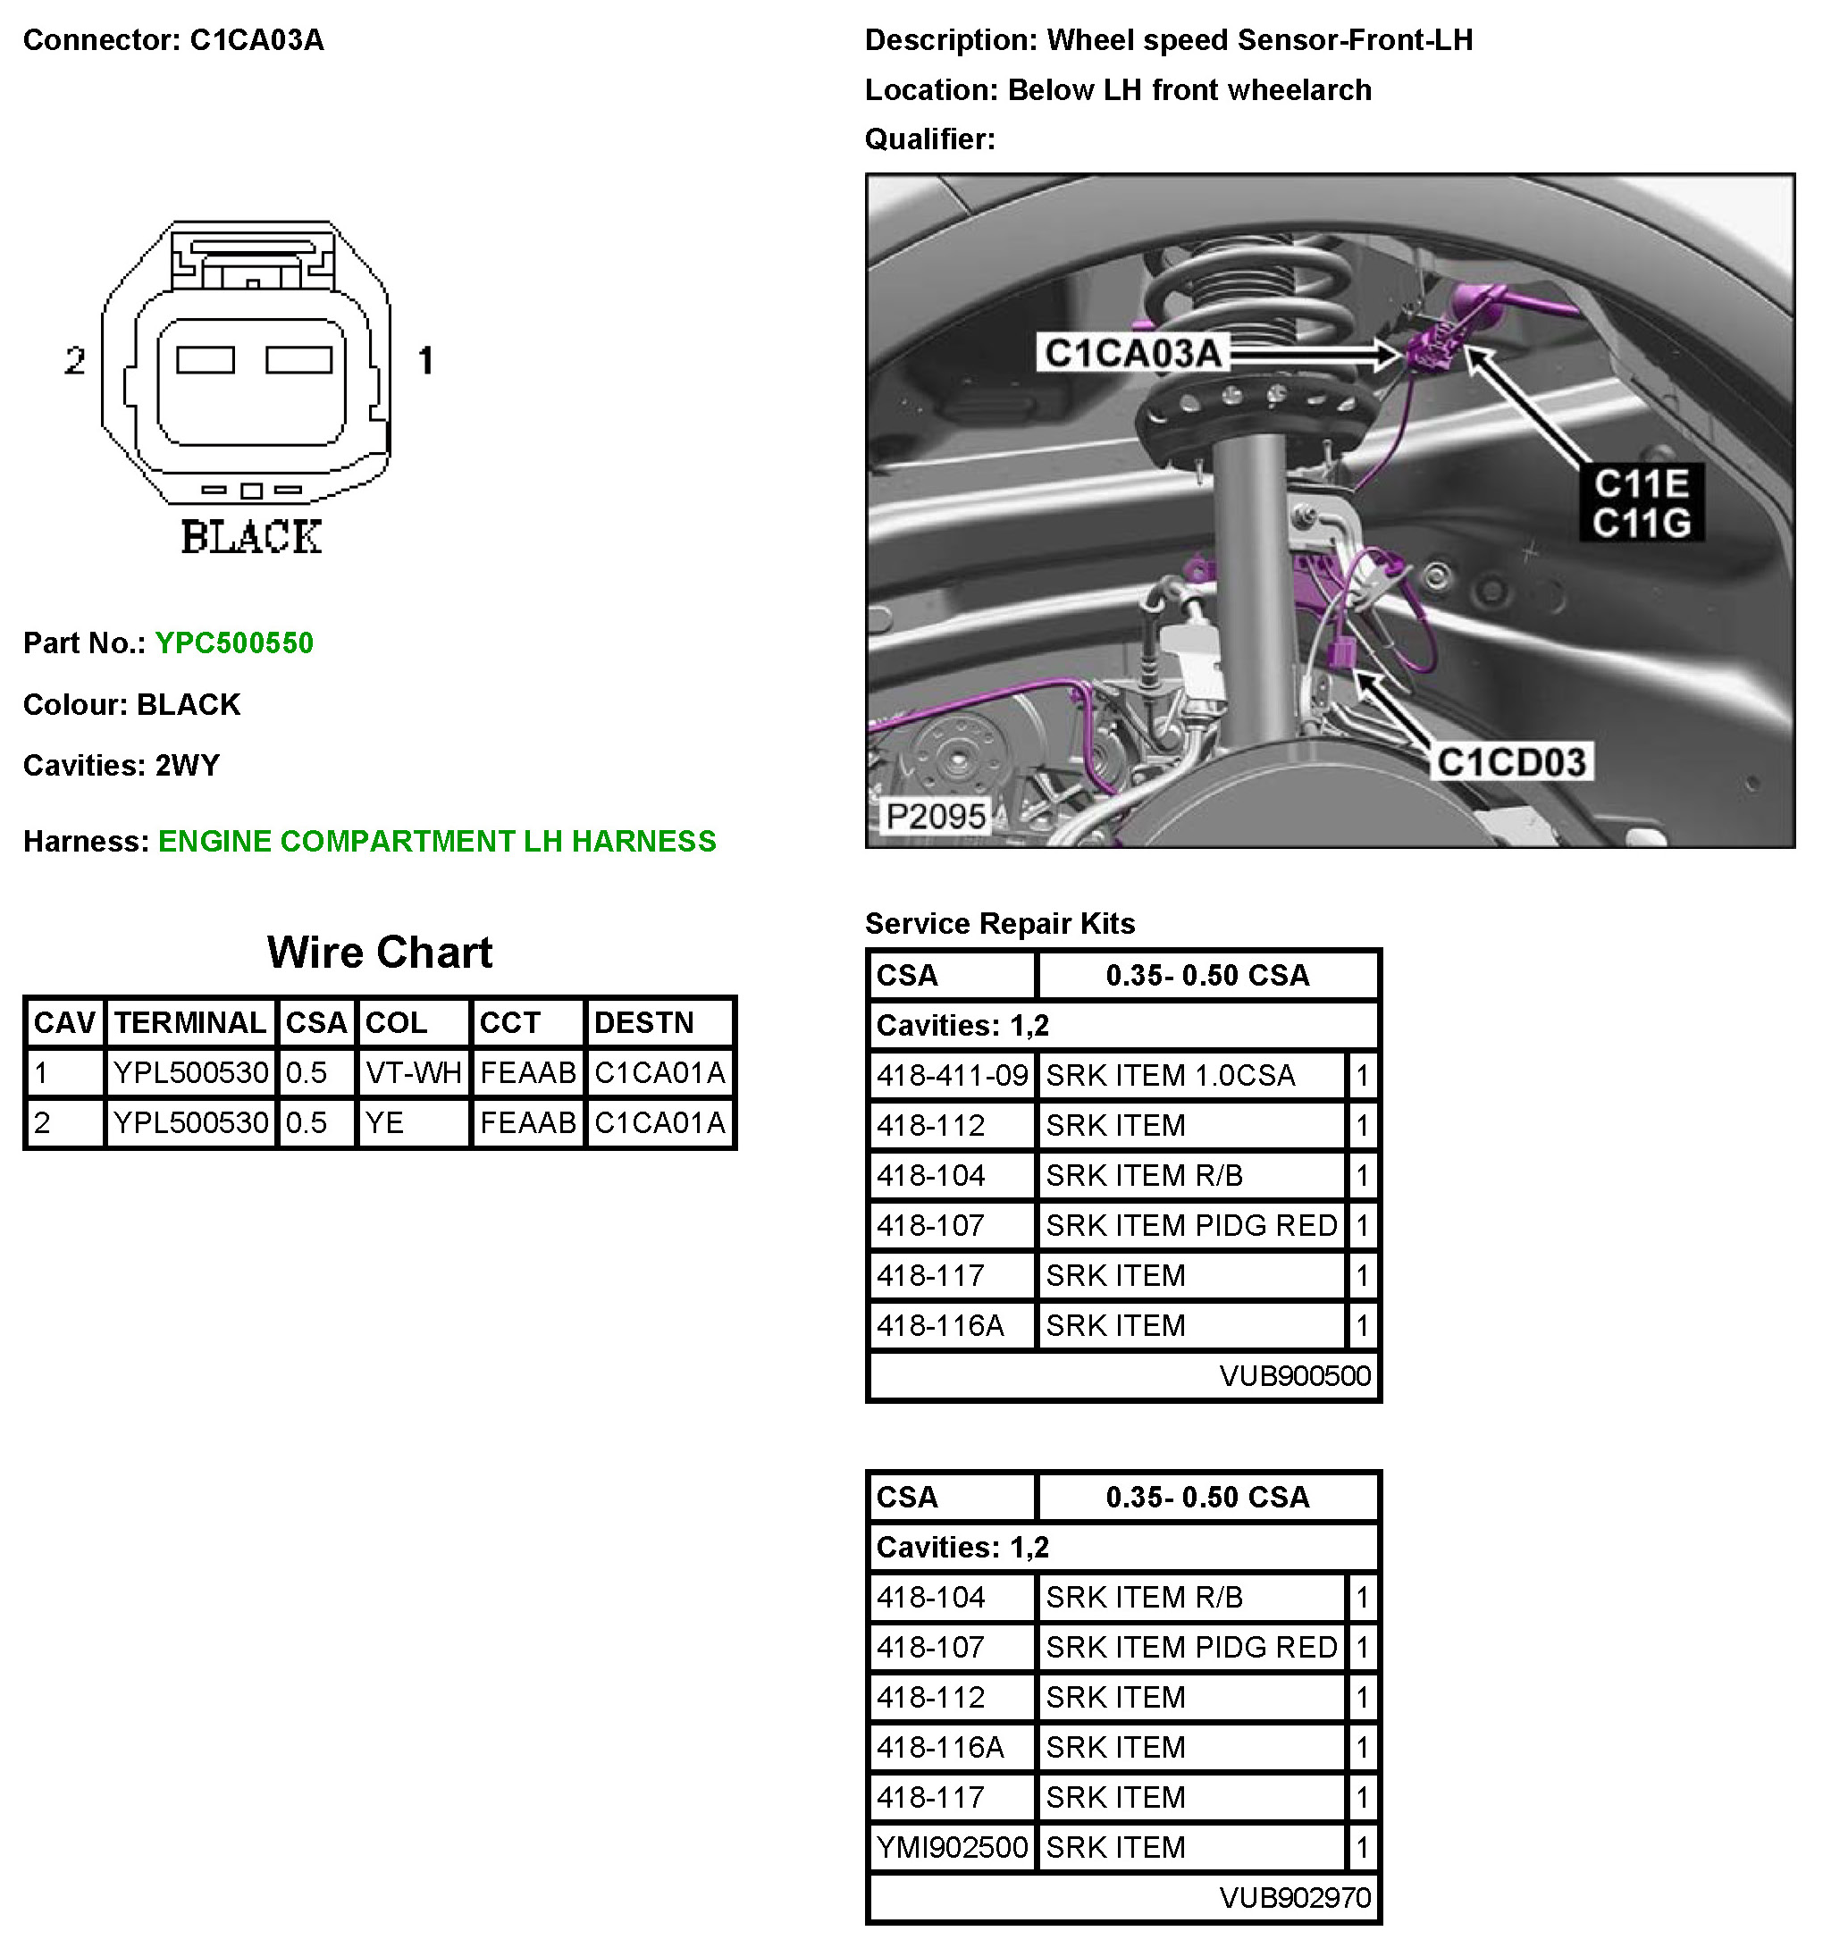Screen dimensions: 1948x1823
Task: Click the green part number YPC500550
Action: (x=233, y=642)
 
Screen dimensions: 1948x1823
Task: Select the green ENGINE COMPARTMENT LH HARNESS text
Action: (x=436, y=841)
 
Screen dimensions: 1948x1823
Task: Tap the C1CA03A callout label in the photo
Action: (x=1132, y=353)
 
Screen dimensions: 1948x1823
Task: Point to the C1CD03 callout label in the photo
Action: (x=1510, y=761)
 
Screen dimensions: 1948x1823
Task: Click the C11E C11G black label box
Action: (x=1641, y=503)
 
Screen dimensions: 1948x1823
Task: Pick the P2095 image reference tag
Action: (x=934, y=815)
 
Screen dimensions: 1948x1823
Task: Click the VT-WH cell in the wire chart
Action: (x=413, y=1072)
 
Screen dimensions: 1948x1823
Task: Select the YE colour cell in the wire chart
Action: (x=384, y=1122)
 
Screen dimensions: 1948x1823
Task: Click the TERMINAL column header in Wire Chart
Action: (x=190, y=1022)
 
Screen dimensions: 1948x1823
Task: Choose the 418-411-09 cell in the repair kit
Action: (x=952, y=1075)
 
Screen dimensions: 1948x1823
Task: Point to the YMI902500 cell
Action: (x=952, y=1847)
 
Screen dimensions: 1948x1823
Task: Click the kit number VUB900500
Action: (x=1294, y=1376)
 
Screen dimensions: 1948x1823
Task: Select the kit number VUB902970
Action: (x=1294, y=1898)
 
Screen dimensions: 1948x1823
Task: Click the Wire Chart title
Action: (x=379, y=952)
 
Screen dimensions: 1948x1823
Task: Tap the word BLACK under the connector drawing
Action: (x=251, y=537)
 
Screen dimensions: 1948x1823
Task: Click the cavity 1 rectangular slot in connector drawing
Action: (x=299, y=359)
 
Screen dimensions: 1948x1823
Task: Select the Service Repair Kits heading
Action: (x=1000, y=923)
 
